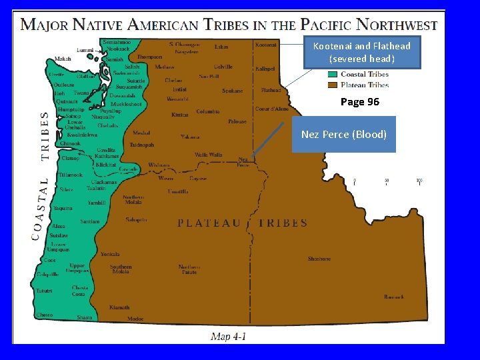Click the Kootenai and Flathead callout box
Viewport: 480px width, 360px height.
[x=362, y=52]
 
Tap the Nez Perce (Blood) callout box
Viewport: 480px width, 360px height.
[x=343, y=135]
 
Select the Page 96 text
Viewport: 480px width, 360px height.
[x=359, y=102]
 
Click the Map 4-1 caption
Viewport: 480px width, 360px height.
[x=229, y=337]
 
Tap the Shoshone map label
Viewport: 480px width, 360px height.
[x=319, y=259]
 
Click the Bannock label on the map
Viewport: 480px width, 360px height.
[x=393, y=297]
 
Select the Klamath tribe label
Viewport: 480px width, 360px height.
[x=120, y=307]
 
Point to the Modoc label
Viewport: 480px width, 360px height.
[x=135, y=319]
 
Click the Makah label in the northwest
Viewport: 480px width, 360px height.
[x=63, y=59]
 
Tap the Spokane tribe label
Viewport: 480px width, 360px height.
[x=232, y=91]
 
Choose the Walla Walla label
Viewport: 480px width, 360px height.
[x=208, y=155]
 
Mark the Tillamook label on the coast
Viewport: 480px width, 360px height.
[x=70, y=175]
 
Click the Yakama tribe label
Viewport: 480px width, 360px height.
[x=190, y=137]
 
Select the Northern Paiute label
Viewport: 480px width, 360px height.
[x=189, y=269]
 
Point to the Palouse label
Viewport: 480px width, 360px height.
[x=237, y=121]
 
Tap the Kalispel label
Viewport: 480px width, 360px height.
[x=265, y=69]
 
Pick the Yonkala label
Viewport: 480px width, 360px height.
[x=110, y=254]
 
